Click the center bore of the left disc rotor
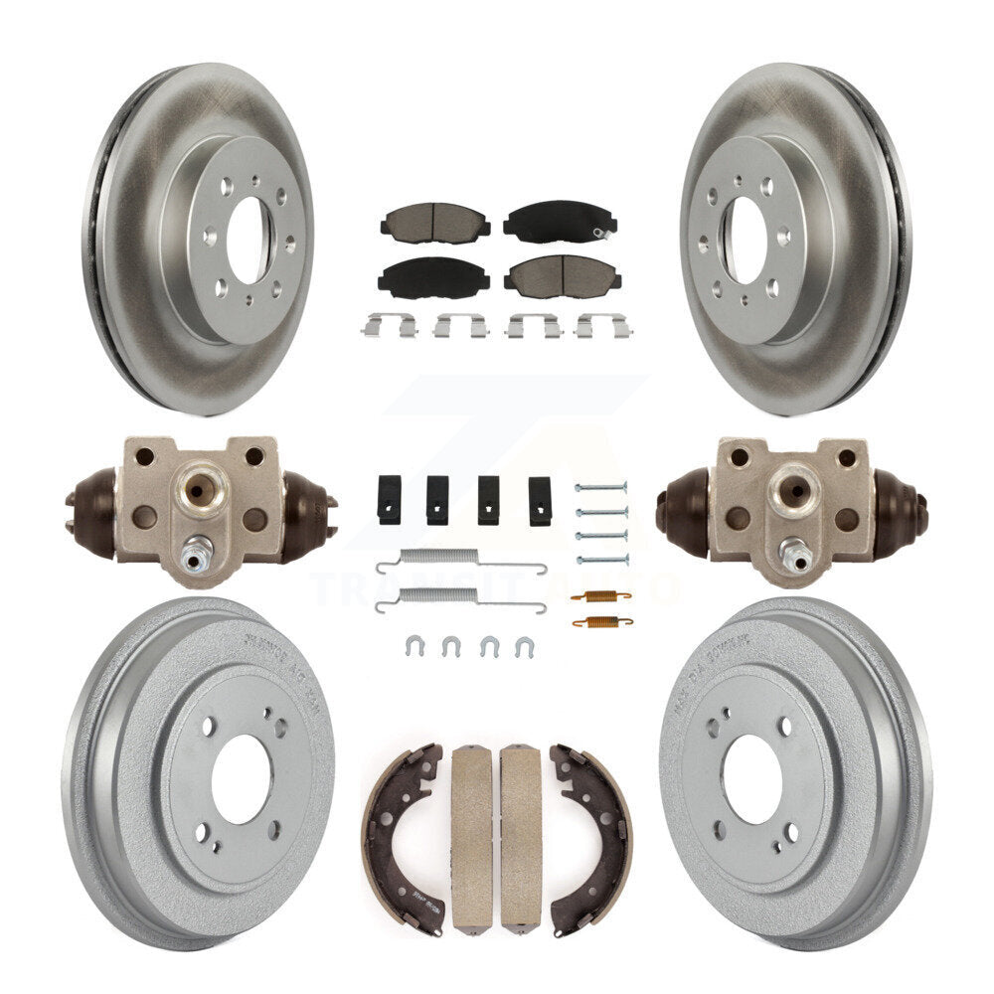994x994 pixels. tap(247, 239)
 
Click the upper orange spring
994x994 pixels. tap(602, 596)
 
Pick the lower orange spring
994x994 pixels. tap(602, 622)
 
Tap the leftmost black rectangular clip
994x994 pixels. tap(389, 499)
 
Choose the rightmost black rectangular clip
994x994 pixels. tap(540, 500)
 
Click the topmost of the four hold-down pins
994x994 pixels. tap(601, 487)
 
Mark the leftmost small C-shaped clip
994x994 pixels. tap(414, 647)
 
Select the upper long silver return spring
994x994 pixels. tap(460, 564)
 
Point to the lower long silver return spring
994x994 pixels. tap(460, 597)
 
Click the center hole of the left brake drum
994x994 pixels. tap(241, 778)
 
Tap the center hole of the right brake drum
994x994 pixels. tap(751, 778)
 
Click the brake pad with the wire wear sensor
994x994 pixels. tap(560, 222)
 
